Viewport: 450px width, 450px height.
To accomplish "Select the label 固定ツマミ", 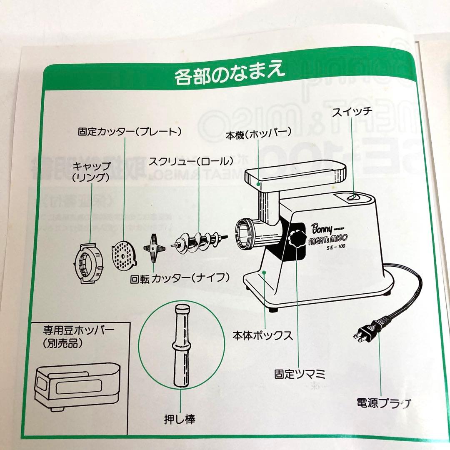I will point(300,373).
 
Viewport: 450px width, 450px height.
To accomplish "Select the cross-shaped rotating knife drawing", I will point(154,249).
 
